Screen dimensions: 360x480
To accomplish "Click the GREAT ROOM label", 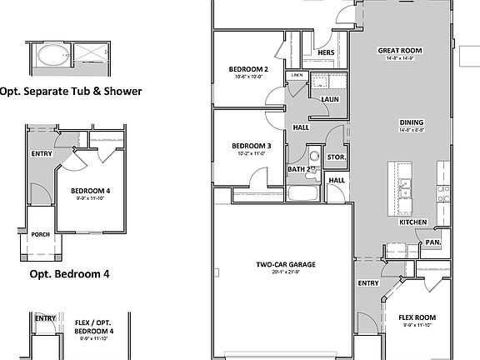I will pyautogui.click(x=400, y=51).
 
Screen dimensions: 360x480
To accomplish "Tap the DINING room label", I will pyautogui.click(x=412, y=122).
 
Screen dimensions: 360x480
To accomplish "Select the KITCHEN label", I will pyautogui.click(x=413, y=222).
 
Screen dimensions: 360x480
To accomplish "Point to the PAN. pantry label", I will pyautogui.click(x=432, y=242).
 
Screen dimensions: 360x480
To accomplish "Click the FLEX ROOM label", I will pyautogui.click(x=417, y=317).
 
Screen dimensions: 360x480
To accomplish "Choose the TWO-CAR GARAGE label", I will pyautogui.click(x=280, y=265).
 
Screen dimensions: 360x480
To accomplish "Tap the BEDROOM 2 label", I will pyautogui.click(x=247, y=68).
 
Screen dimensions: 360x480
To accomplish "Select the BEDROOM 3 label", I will pyautogui.click(x=249, y=145).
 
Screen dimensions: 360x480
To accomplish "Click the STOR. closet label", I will pyautogui.click(x=337, y=157).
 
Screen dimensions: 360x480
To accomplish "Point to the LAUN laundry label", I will pyautogui.click(x=329, y=99).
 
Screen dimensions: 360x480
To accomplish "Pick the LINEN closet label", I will pyautogui.click(x=297, y=76).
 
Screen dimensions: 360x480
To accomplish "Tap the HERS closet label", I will pyautogui.click(x=327, y=54).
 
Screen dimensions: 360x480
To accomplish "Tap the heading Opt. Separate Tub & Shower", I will pyautogui.click(x=70, y=91).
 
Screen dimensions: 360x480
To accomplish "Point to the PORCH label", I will pyautogui.click(x=39, y=234).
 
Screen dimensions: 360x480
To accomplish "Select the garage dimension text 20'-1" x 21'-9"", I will pyautogui.click(x=280, y=272).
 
